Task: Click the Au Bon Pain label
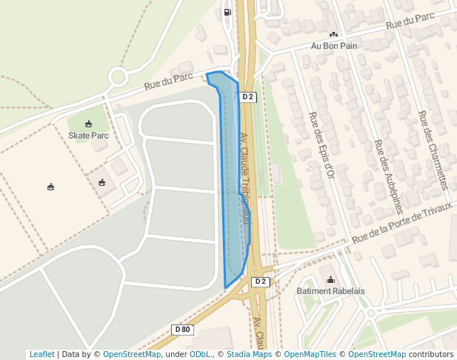(333, 46)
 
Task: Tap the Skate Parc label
(88, 136)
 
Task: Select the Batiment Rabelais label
(330, 291)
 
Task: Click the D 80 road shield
(182, 329)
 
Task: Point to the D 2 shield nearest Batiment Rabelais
(260, 281)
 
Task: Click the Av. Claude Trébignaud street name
(244, 178)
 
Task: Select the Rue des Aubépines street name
(387, 176)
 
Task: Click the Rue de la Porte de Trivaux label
(401, 224)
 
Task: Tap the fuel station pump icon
(227, 12)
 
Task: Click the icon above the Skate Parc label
(88, 124)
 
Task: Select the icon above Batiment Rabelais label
(330, 280)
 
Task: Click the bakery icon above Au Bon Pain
(333, 34)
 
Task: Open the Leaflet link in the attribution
(41, 354)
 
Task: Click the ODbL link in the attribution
(199, 354)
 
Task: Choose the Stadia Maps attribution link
(247, 354)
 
